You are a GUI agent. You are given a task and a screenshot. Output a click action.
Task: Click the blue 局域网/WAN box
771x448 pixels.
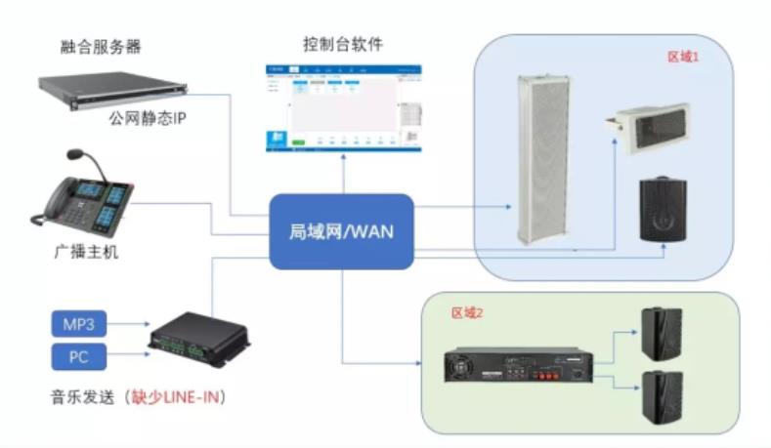click(341, 232)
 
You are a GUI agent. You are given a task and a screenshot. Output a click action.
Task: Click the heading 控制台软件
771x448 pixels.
click(343, 44)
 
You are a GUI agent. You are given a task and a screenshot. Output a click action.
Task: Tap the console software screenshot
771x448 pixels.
click(343, 109)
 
